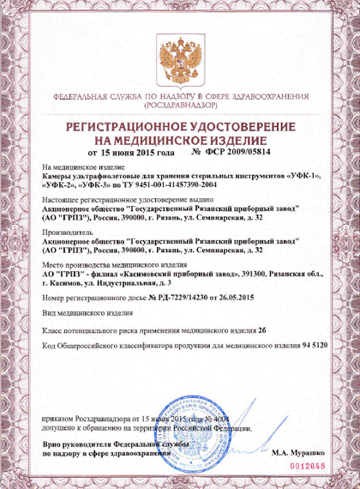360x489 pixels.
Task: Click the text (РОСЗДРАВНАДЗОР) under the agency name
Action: tap(179, 107)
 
